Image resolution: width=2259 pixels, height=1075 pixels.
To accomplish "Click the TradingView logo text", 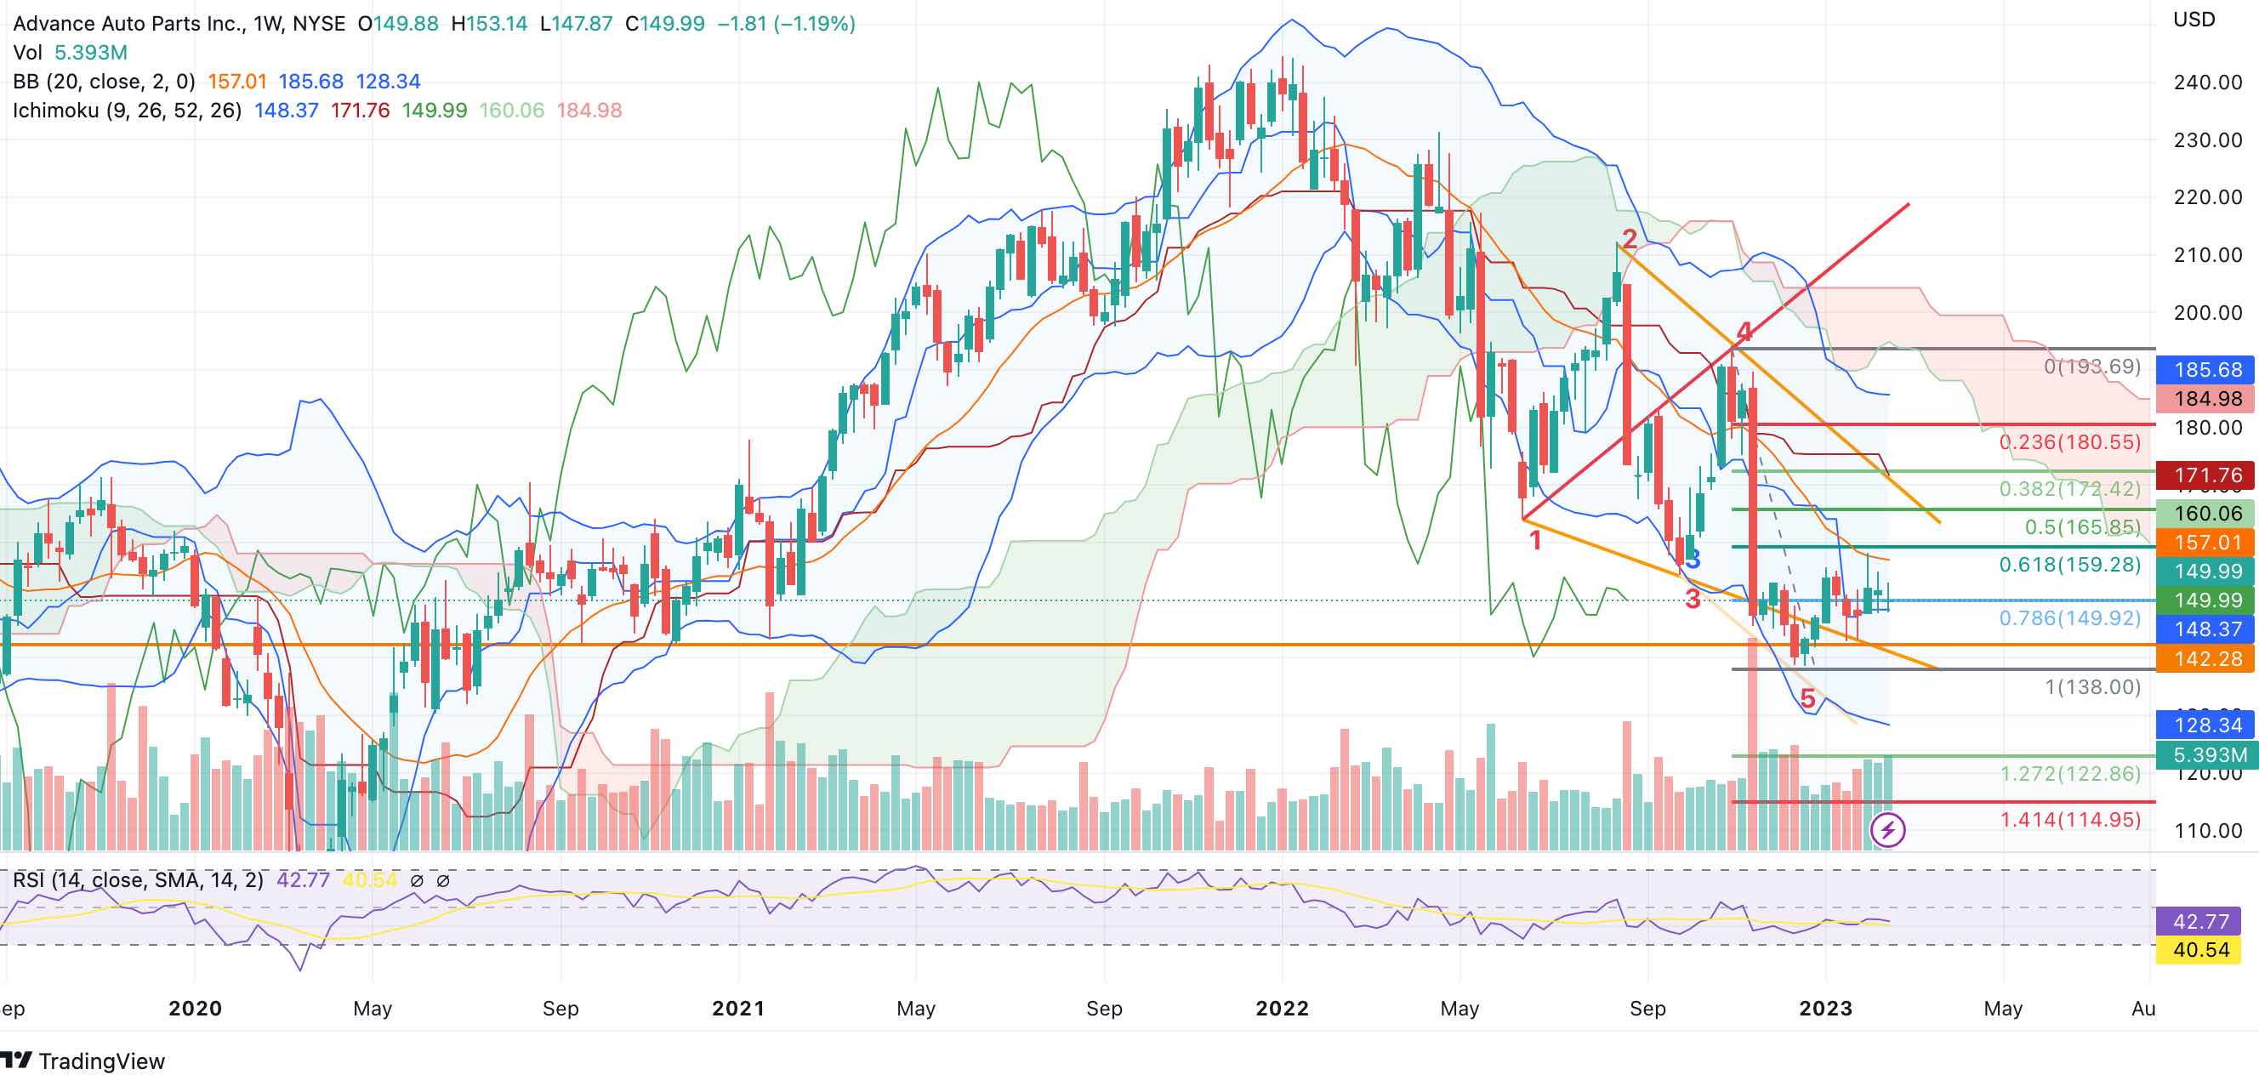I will point(101,1061).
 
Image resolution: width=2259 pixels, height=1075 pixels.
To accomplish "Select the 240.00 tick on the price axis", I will point(2207,82).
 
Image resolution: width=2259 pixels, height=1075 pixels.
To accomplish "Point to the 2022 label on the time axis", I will point(1282,1009).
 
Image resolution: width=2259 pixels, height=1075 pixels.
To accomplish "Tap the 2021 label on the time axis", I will point(738,1009).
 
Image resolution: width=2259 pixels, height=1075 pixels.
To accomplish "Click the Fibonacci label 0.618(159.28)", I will point(2069,565).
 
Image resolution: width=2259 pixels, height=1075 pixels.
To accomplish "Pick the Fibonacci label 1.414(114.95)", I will point(2069,820).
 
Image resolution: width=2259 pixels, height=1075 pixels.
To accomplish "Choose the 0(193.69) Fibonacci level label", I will point(2091,367).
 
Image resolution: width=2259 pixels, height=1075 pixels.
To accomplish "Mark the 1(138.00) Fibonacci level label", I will point(2092,686).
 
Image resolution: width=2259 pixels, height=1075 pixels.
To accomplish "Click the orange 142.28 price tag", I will point(2207,658).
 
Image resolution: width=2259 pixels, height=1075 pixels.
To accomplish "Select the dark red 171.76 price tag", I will point(2207,475).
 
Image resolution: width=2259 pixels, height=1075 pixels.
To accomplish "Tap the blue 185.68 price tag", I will point(2207,369).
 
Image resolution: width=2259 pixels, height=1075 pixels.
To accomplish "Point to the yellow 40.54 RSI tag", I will point(2200,950).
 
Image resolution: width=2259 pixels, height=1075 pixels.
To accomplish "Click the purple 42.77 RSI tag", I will point(2200,922).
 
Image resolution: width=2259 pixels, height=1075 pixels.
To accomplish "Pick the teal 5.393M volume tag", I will point(2207,755).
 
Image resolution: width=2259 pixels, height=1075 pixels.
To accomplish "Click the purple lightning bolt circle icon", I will point(1888,829).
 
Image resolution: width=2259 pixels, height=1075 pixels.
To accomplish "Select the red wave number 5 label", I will point(1807,699).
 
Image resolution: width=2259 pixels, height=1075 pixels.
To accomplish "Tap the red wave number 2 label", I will point(1630,238).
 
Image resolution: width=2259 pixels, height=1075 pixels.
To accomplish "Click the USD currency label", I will point(2194,20).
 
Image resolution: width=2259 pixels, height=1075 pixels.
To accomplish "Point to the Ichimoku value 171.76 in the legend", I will point(360,111).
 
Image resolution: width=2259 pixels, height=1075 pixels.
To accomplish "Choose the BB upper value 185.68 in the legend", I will point(310,82).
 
